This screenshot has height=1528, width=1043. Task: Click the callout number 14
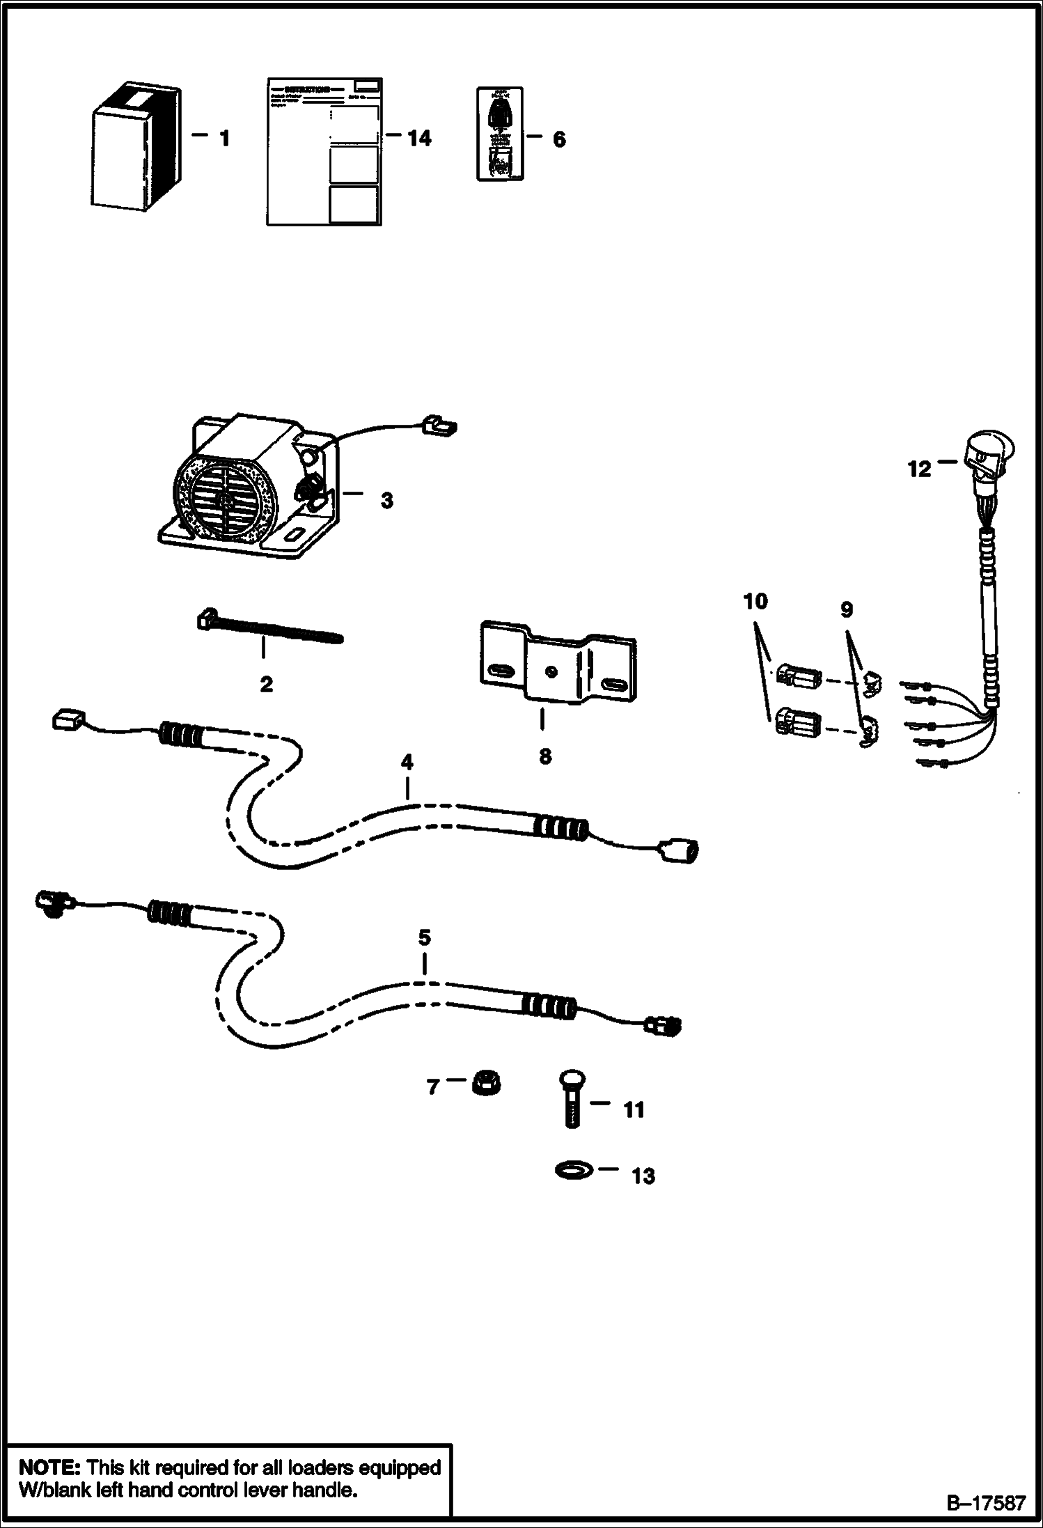(x=419, y=139)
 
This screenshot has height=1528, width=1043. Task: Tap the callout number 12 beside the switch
(x=920, y=469)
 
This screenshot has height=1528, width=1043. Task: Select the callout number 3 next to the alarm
(x=386, y=500)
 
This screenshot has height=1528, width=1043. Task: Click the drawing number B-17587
(x=984, y=1503)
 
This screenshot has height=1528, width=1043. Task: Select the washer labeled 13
(x=573, y=1169)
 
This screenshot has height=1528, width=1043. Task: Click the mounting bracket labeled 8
(x=557, y=668)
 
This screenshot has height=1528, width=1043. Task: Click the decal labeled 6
(x=499, y=134)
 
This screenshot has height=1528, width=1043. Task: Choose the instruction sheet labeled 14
(x=324, y=152)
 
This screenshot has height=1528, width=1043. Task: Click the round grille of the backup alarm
(x=222, y=499)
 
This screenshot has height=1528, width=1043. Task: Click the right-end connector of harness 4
(x=679, y=850)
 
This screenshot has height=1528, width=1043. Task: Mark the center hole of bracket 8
(x=551, y=671)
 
